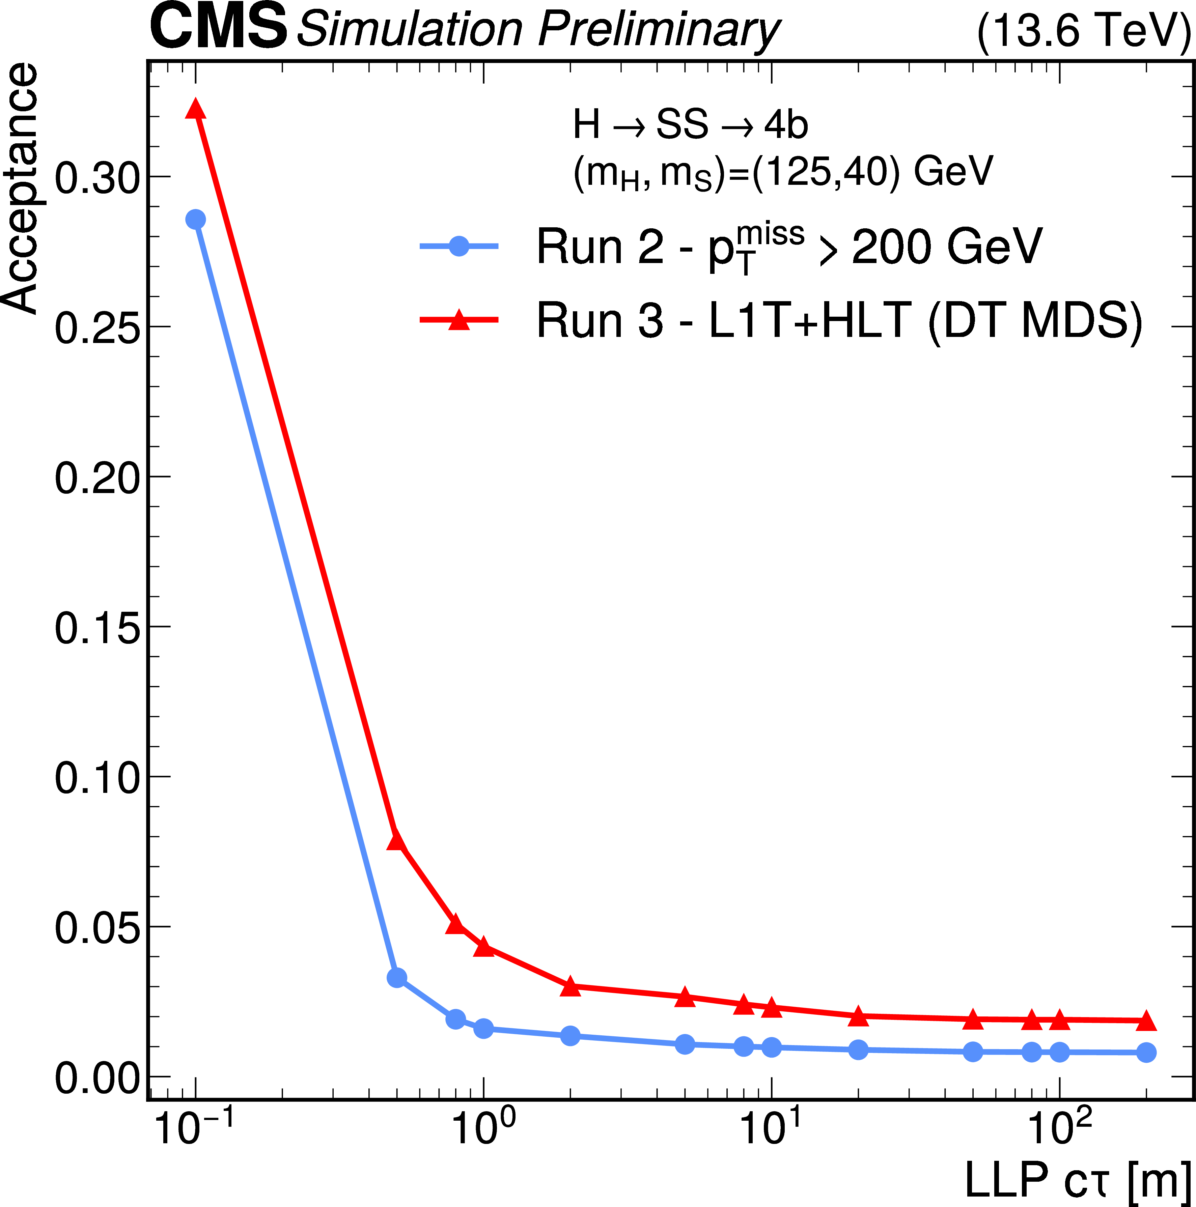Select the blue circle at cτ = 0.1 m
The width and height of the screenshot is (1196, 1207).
(x=196, y=219)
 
